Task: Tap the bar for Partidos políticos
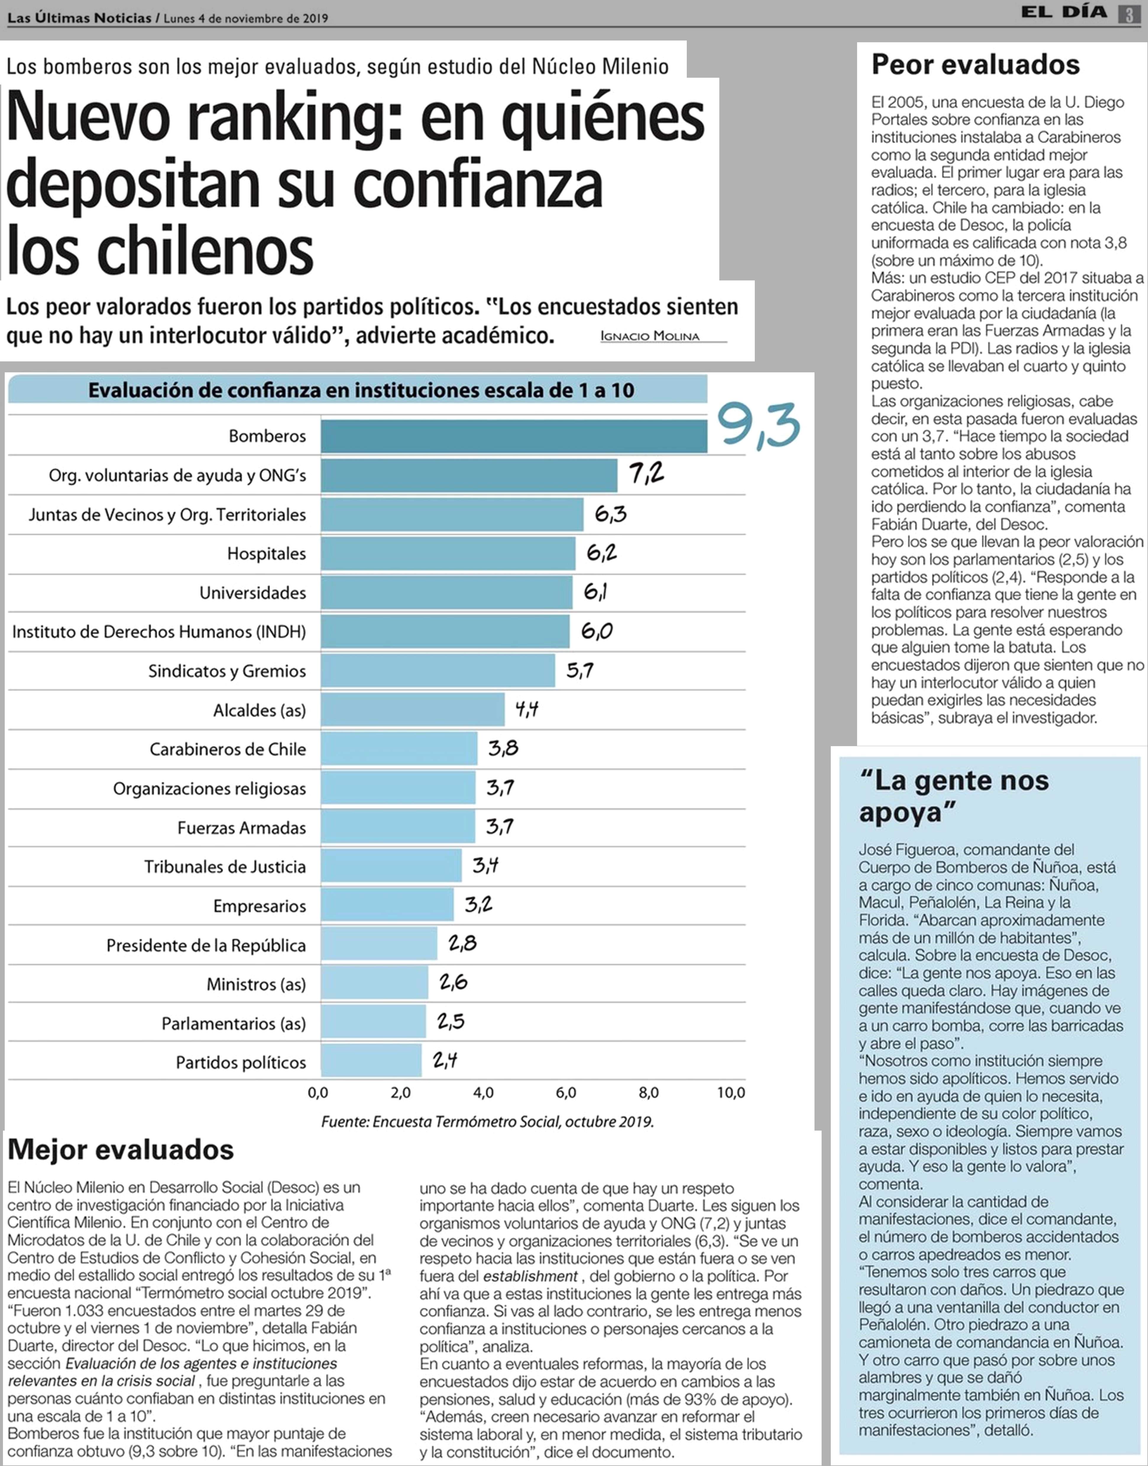[371, 1061]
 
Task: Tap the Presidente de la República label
[206, 945]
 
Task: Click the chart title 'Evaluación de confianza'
[361, 390]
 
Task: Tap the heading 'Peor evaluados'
[975, 64]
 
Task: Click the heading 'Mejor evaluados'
[121, 1150]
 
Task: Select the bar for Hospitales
[448, 553]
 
